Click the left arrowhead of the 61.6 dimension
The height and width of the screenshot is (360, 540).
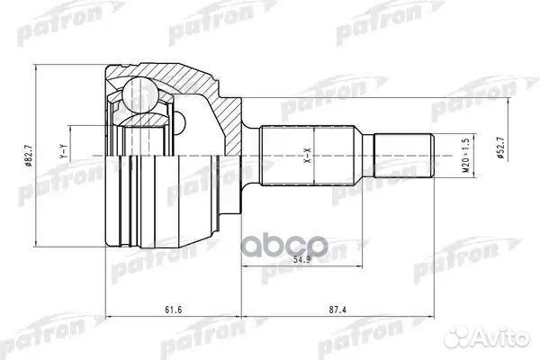(x=110, y=317)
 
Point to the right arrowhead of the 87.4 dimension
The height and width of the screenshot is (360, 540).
(x=435, y=317)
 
